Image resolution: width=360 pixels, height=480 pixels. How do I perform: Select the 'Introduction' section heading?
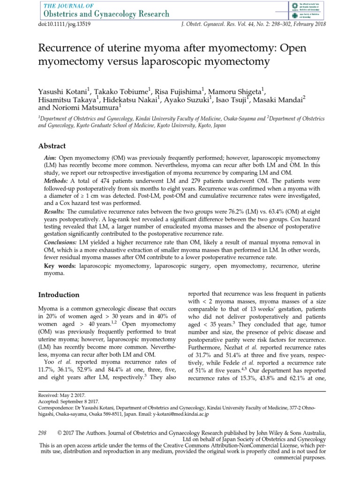click(x=58, y=295)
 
